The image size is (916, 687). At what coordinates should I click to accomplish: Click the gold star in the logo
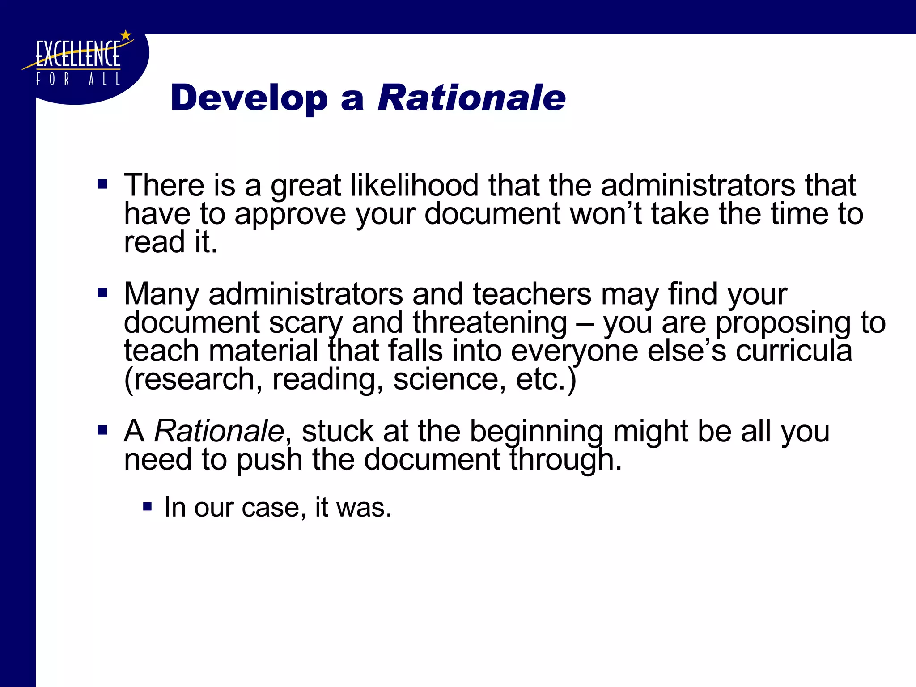[126, 35]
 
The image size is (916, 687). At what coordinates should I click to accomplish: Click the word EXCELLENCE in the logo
[78, 55]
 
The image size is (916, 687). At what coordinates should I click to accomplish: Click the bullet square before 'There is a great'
[102, 184]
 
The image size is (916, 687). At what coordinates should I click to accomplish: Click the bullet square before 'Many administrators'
[102, 293]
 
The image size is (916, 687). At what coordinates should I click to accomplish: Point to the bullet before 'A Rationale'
[102, 430]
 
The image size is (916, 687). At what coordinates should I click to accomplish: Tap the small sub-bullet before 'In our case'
[147, 507]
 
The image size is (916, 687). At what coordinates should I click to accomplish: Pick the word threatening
[490, 322]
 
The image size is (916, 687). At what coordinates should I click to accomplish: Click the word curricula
[794, 351]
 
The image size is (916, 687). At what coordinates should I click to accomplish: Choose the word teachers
[532, 294]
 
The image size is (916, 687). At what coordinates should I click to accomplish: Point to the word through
[566, 460]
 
